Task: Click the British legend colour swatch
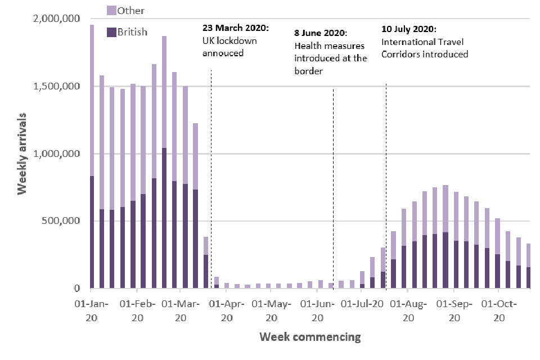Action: [x=111, y=32]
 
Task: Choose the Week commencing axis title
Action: [x=310, y=337]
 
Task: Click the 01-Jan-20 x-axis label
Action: [x=92, y=310]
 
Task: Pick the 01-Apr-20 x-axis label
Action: [x=227, y=310]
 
